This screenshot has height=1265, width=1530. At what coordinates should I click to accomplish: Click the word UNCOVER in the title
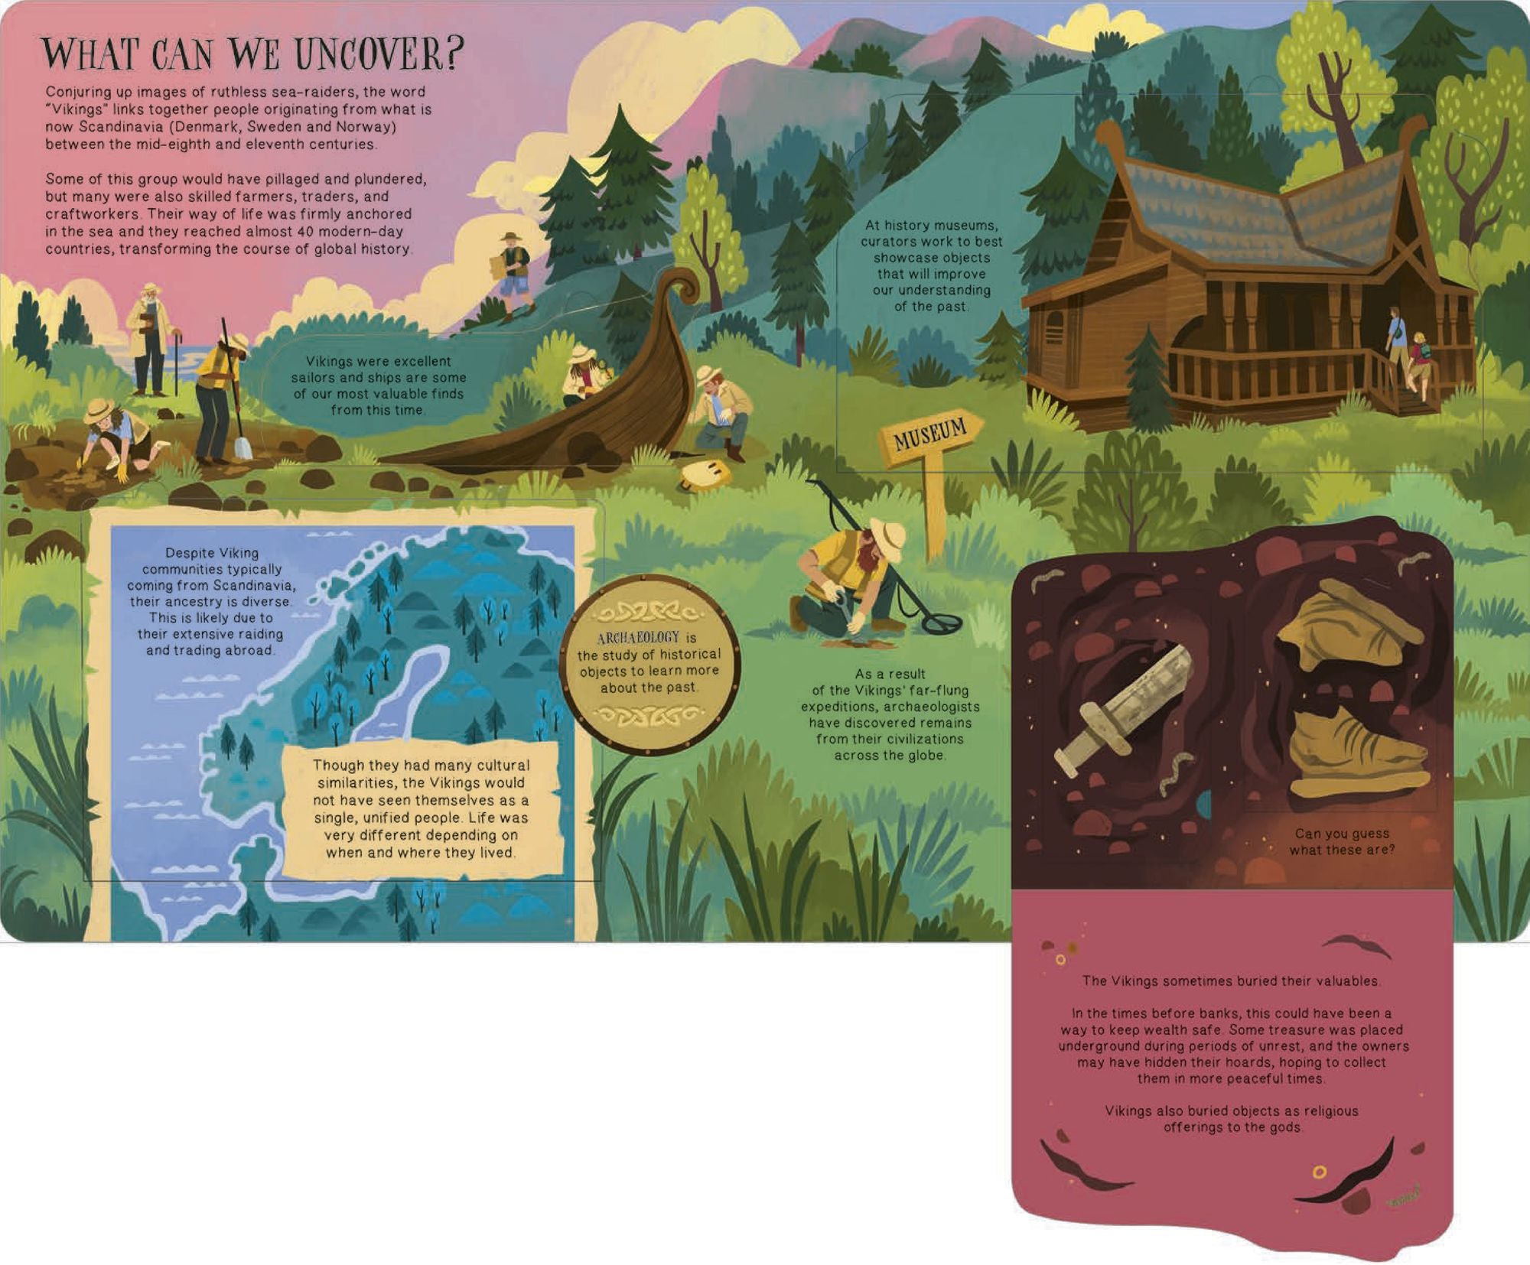coord(380,53)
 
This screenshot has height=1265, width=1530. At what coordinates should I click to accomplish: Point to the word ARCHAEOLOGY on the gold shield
coord(638,637)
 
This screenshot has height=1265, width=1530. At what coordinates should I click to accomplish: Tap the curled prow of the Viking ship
coord(682,289)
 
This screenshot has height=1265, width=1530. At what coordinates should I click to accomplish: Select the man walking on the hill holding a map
coord(512,271)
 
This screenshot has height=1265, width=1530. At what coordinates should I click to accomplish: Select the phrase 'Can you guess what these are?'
coord(1342,841)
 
